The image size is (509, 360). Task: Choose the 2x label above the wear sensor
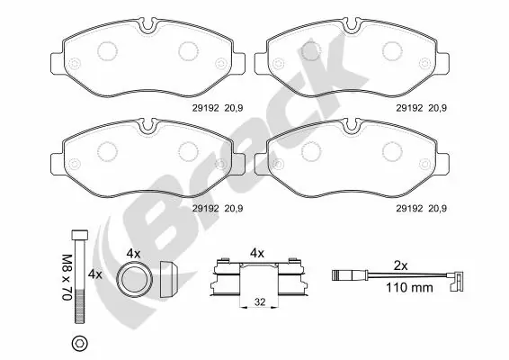[402, 265]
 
